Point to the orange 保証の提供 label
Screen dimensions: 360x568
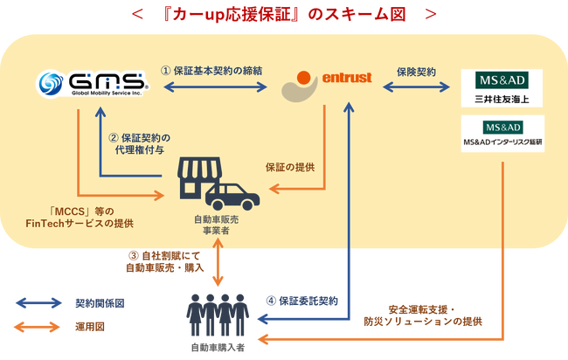(290, 167)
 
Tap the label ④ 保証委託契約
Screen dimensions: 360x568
(301, 300)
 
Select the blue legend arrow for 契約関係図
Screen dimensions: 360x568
(36, 304)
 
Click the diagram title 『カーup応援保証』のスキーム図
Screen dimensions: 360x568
(283, 15)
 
